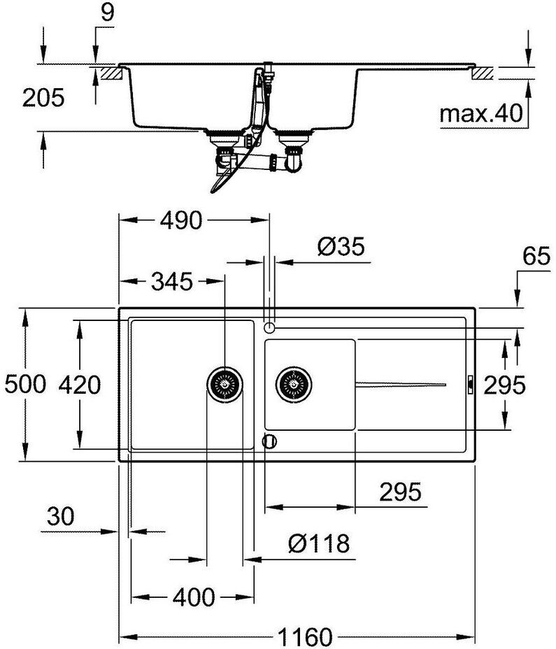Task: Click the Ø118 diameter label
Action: point(318,542)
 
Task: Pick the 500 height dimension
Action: point(24,384)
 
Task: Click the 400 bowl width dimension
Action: point(193,597)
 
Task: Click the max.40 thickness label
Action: point(482,113)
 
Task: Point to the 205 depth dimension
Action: point(43,98)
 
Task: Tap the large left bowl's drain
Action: point(225,384)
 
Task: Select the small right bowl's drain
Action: point(294,384)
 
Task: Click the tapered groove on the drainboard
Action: point(400,384)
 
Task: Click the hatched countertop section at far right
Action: point(484,73)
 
